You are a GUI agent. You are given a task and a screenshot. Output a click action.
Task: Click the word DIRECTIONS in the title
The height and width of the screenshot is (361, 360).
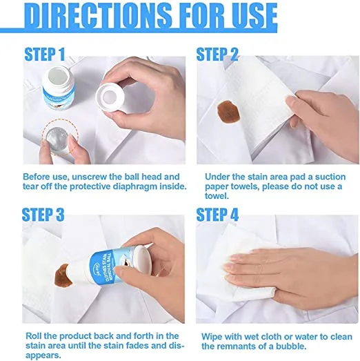(x=99, y=16)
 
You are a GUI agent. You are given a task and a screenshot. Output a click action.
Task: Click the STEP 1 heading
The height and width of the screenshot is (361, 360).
(x=45, y=55)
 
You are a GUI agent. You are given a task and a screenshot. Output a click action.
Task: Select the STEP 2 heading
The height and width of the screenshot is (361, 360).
(x=217, y=55)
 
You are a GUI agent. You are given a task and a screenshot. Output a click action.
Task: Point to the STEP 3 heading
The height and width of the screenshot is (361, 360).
(x=43, y=215)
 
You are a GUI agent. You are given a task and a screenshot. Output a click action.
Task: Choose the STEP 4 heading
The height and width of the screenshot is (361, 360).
(x=217, y=215)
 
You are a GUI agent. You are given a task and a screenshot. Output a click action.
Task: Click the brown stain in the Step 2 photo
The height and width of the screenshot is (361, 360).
(x=229, y=112)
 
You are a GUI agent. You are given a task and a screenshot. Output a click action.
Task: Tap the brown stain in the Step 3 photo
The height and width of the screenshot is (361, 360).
(x=63, y=276)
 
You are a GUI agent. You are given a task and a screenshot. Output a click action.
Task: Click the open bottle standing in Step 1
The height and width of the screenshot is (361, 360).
(x=59, y=88)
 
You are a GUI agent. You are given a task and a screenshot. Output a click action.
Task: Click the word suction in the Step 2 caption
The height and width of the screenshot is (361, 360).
(x=330, y=177)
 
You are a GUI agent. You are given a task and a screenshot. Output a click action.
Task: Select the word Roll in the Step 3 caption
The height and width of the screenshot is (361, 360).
(x=34, y=336)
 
